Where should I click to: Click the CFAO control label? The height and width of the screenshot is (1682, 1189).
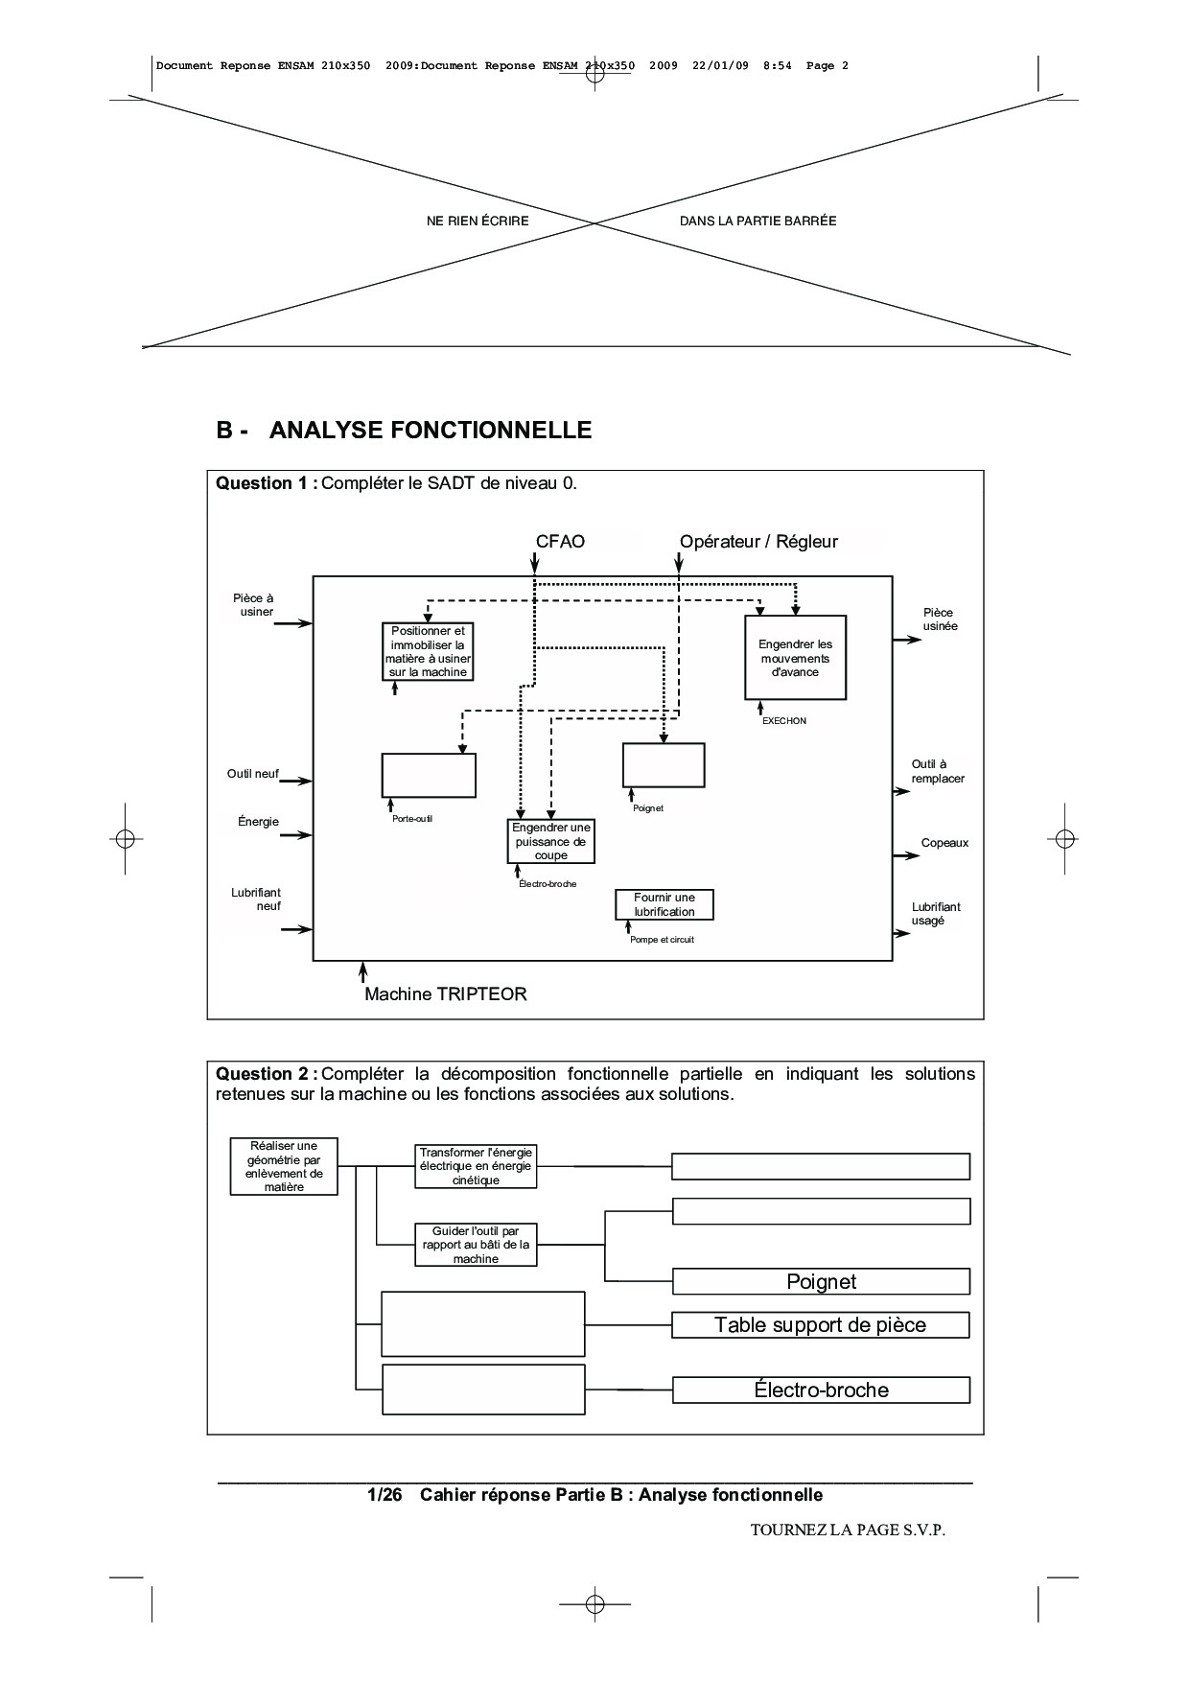(x=560, y=542)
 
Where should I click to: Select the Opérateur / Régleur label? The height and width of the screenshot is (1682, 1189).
(x=758, y=542)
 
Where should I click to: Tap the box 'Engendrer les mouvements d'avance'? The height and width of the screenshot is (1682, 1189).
(x=795, y=658)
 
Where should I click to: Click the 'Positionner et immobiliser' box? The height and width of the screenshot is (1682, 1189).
(x=428, y=651)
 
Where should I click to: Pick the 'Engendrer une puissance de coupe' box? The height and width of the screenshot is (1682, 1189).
(x=550, y=841)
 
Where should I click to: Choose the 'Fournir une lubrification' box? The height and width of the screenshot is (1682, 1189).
(x=664, y=904)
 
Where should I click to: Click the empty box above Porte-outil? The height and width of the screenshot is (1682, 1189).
(x=429, y=775)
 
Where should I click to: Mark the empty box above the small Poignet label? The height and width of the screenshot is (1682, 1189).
(x=664, y=764)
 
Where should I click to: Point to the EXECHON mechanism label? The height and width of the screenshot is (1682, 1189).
(x=783, y=721)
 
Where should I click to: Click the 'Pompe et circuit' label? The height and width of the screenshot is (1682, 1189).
(x=662, y=940)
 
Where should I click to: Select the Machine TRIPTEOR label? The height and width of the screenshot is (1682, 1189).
(x=445, y=994)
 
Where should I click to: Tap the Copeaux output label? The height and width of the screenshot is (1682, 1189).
(x=944, y=843)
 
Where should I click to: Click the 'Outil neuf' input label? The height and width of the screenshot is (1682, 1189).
(x=253, y=774)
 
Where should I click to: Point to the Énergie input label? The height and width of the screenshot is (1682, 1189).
(x=258, y=822)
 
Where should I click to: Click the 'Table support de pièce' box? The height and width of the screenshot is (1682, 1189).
(x=820, y=1325)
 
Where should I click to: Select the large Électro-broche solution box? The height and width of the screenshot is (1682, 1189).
(x=821, y=1390)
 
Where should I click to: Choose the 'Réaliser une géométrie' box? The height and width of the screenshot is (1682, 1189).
(x=284, y=1166)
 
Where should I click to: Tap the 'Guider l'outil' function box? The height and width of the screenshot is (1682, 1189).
(x=476, y=1245)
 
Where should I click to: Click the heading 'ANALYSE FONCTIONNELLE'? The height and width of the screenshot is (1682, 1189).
(x=430, y=431)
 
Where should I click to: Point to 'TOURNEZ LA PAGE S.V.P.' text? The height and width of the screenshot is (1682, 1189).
(x=848, y=1530)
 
